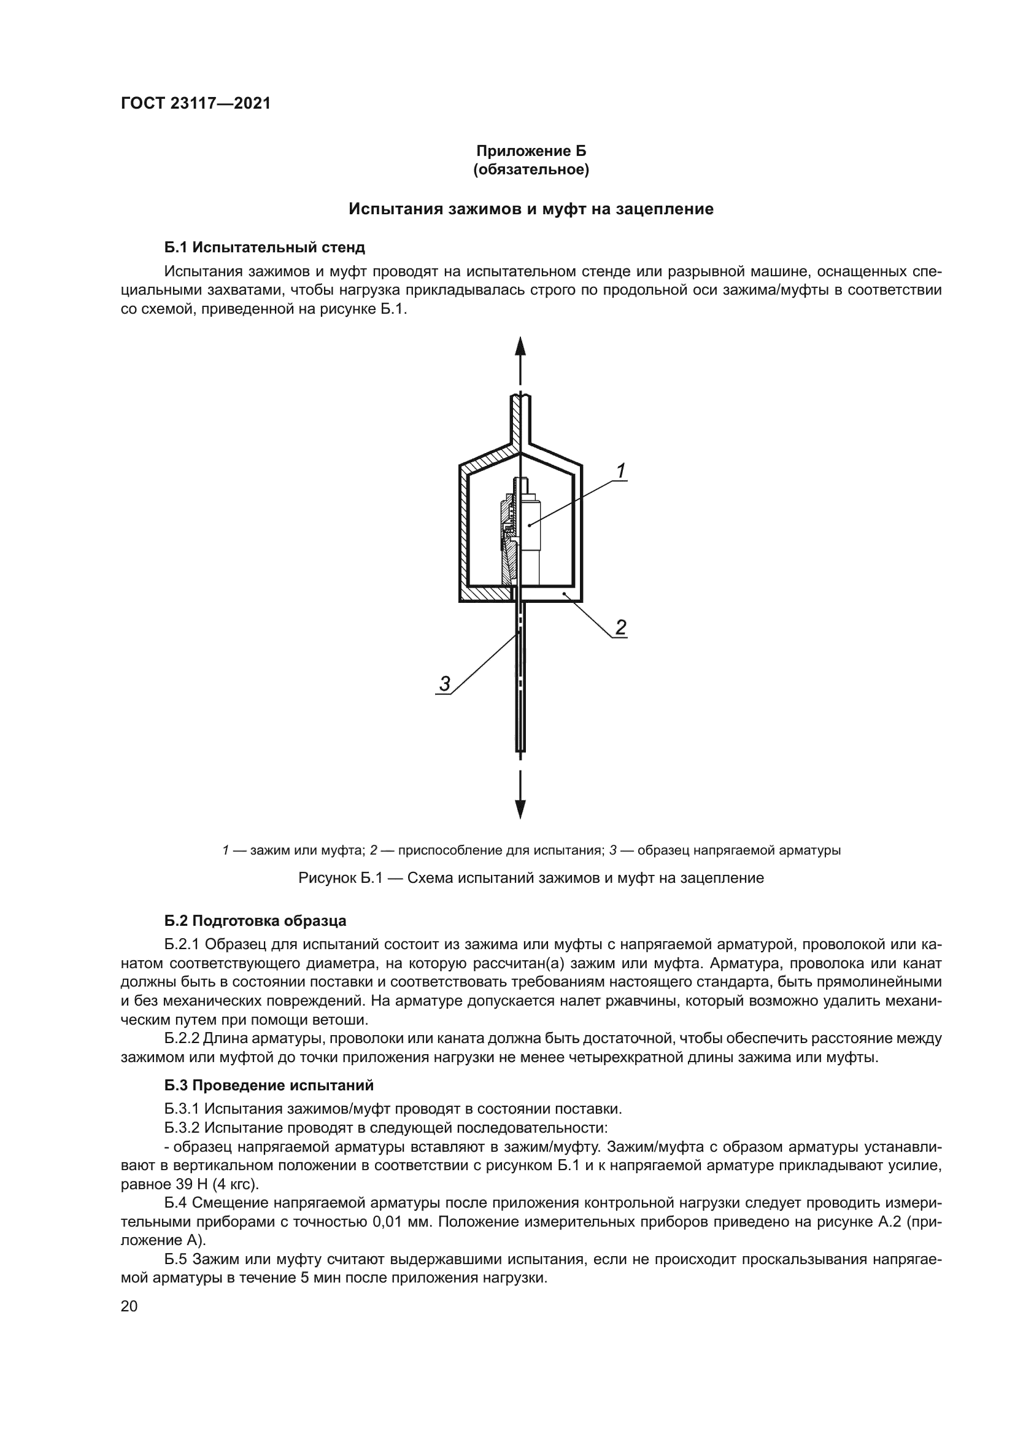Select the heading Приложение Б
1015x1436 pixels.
531,151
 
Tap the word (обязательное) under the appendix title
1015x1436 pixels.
531,170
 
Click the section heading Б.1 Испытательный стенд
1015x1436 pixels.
264,247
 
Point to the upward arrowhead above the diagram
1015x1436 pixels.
520,346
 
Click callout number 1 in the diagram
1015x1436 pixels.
620,471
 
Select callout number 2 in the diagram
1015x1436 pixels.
620,627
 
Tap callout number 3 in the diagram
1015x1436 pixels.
444,683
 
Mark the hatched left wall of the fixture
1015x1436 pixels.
464,532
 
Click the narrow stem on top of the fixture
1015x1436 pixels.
520,419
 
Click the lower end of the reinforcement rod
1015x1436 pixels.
520,744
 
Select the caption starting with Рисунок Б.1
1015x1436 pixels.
531,878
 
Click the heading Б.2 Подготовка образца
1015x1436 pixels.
255,922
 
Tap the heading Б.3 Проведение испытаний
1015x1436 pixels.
269,1085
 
